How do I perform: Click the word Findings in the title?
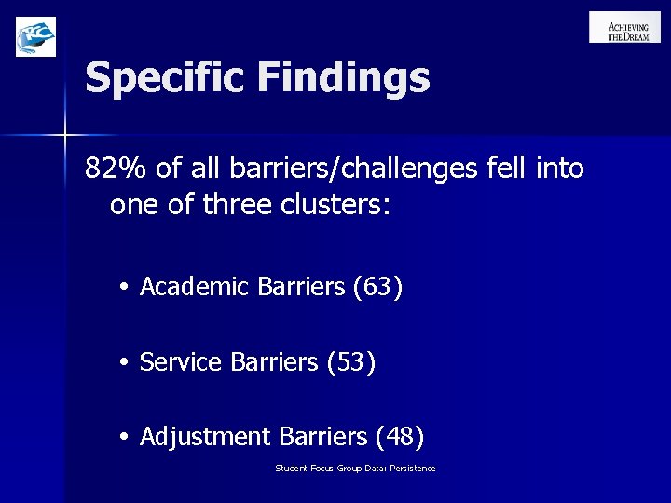(345, 78)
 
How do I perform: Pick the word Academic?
(194, 289)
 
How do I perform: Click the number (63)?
(378, 289)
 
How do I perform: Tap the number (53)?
(351, 361)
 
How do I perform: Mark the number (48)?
(399, 435)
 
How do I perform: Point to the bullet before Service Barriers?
(124, 362)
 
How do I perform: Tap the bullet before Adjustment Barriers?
(124, 436)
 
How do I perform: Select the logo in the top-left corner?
(36, 36)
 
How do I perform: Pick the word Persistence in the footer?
(414, 468)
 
